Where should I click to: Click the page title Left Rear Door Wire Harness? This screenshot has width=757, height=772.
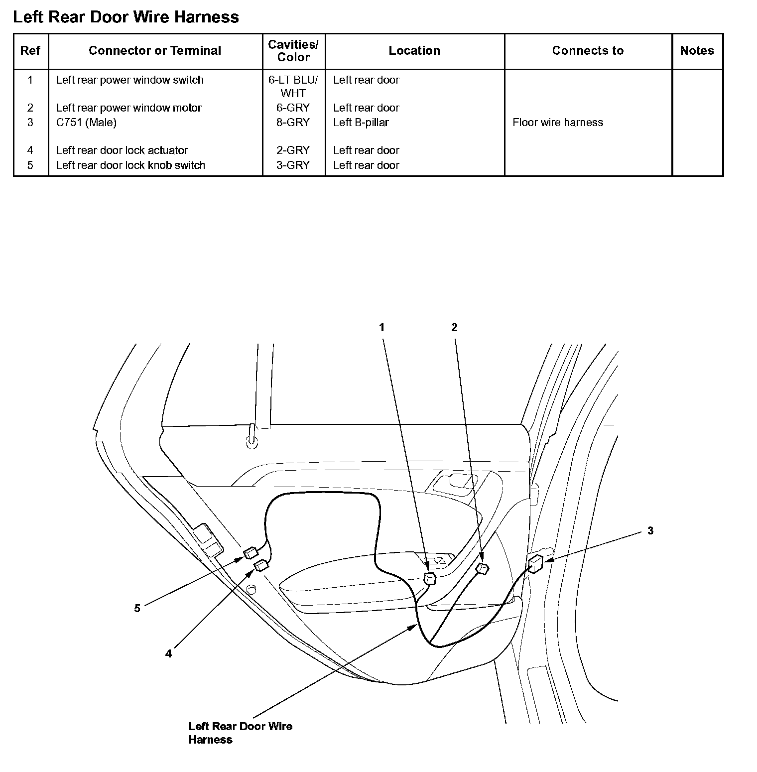tap(126, 17)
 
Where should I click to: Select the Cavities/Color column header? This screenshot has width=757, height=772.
tap(293, 51)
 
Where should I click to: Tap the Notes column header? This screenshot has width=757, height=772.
tap(697, 50)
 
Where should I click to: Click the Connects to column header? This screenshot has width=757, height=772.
tap(588, 50)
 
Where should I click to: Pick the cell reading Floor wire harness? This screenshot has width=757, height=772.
tap(557, 123)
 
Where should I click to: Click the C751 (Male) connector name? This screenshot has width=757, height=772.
tap(86, 123)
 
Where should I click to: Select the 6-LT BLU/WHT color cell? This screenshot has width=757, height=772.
tap(293, 86)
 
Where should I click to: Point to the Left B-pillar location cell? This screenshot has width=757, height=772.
tap(361, 123)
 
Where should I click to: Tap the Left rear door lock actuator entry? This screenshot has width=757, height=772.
tap(122, 150)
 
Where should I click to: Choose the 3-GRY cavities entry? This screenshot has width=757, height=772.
tap(293, 165)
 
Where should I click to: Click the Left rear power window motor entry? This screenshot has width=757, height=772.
tap(128, 108)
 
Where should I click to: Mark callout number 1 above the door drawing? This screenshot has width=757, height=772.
tap(382, 327)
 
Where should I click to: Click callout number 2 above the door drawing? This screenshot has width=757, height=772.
tap(454, 327)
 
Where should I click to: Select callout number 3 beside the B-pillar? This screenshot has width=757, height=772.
tap(650, 531)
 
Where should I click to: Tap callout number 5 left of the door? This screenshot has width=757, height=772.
tap(137, 608)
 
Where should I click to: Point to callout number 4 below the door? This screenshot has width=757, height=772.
tap(168, 653)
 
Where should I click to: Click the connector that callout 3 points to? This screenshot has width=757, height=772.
tap(535, 565)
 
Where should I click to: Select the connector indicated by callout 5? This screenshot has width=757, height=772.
tap(250, 553)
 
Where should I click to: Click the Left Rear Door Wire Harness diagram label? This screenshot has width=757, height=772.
tap(240, 733)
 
